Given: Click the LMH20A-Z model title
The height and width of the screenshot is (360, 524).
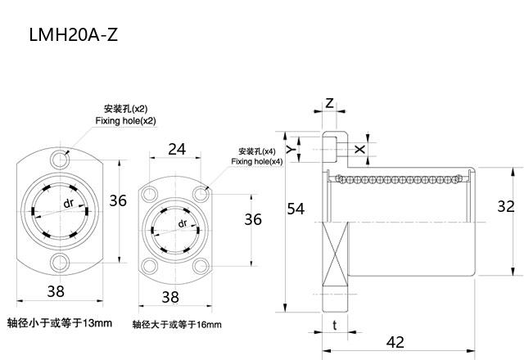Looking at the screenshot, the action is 74,34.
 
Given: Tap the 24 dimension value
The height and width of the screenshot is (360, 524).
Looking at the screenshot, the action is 177,149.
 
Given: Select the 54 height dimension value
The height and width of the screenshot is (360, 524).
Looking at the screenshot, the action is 296,209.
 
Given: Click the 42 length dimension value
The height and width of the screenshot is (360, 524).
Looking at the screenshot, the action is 395,342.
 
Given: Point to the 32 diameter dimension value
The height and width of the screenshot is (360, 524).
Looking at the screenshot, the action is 506,206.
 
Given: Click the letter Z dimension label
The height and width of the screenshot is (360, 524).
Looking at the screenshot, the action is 329,103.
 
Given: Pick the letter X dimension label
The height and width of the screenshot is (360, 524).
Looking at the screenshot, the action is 359,149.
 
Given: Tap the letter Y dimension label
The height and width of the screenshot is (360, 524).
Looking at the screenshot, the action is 291,149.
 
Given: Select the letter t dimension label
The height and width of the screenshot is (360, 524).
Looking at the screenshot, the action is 335,325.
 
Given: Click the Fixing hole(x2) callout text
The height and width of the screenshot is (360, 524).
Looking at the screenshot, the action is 125,120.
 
